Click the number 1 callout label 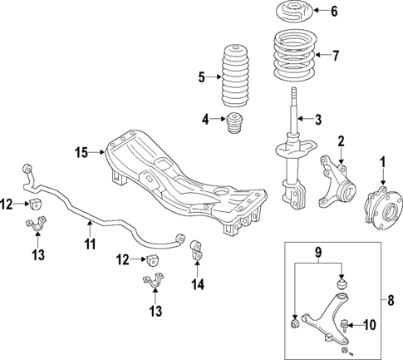point(383,160)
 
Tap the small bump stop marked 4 point(234,127)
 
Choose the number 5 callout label point(201,78)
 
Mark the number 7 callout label point(337,57)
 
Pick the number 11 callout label point(90,244)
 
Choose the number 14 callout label point(197,284)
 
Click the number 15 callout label point(81,152)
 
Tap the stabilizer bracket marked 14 point(197,249)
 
